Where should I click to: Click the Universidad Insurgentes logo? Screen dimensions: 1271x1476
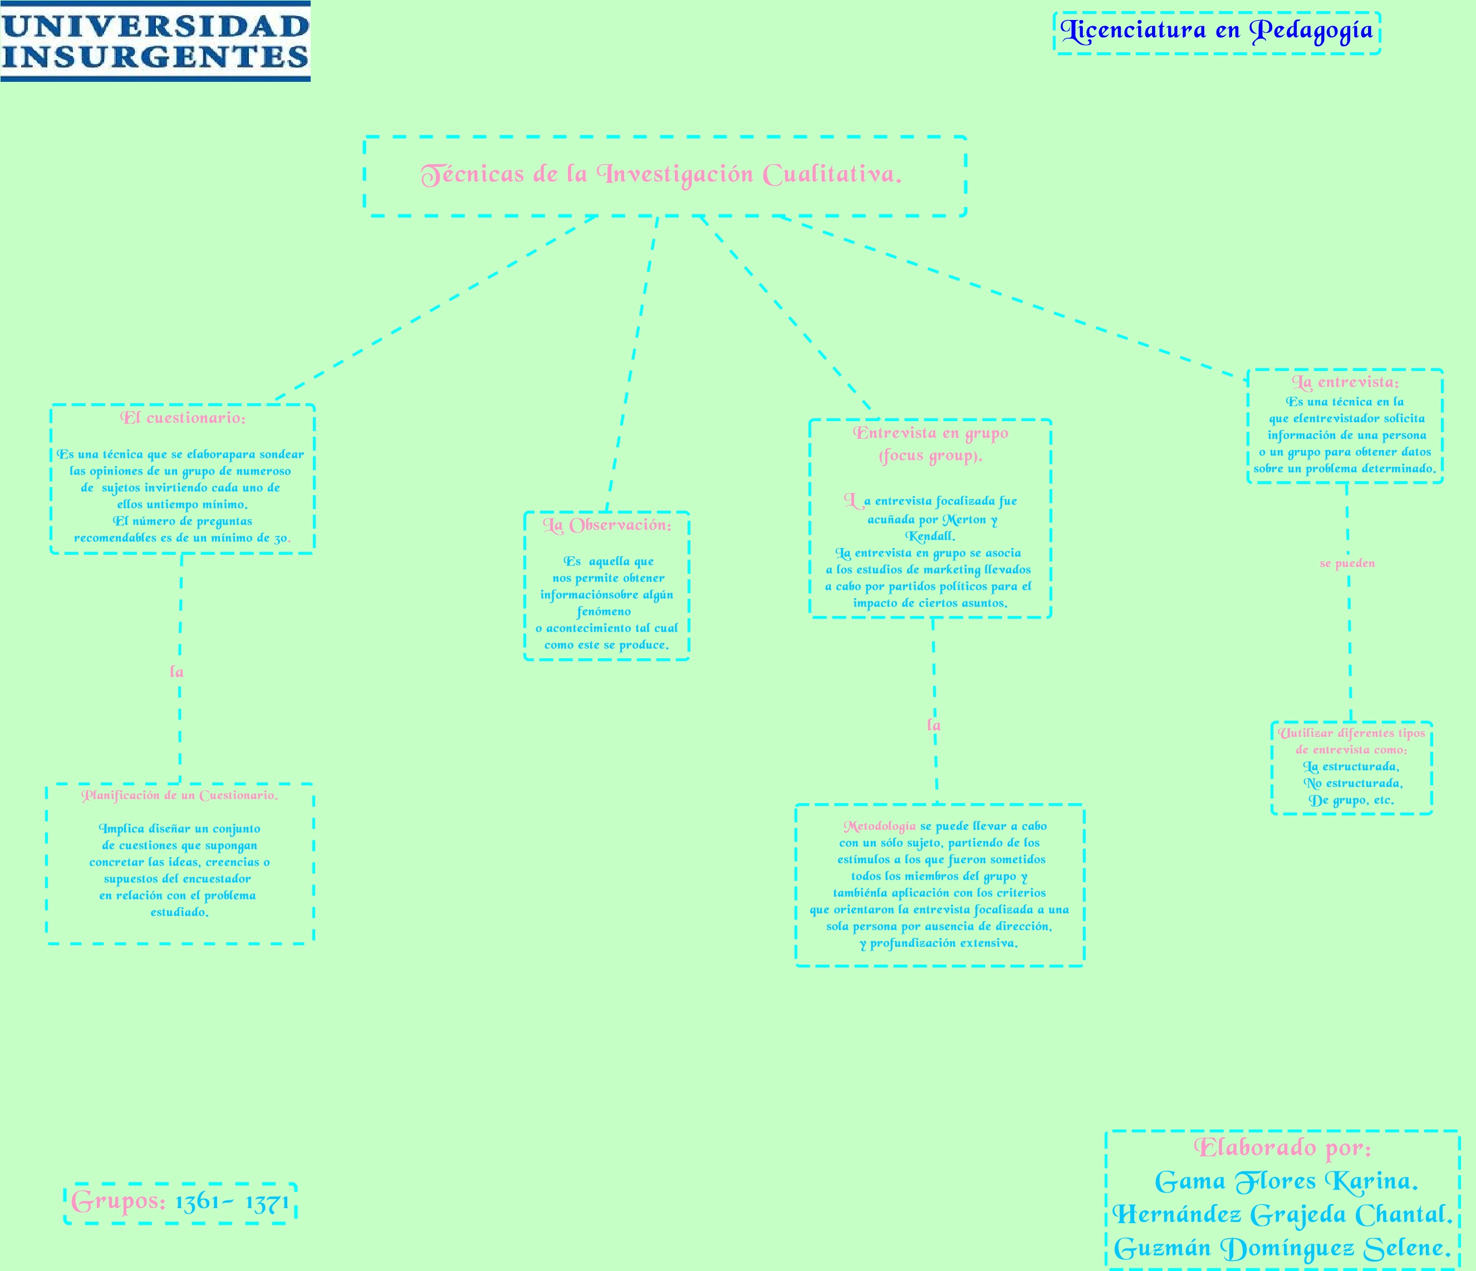pos(155,41)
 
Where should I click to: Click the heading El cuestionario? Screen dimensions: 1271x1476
pos(183,418)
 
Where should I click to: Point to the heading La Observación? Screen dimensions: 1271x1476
pos(607,526)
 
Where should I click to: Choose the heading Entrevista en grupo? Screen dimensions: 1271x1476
pos(930,433)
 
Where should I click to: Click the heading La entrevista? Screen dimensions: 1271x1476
pos(1345,383)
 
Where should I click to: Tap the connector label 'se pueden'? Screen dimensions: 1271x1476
pos(1347,564)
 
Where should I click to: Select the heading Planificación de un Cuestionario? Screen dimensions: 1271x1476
pos(179,796)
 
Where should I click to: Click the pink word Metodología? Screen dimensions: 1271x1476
pos(880,827)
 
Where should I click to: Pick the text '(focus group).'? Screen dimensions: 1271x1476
pos(930,456)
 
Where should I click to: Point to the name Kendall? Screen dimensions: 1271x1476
pos(930,536)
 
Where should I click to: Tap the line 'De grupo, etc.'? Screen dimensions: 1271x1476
pos(1351,800)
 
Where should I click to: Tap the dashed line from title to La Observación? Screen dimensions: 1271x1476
pos(632,363)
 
